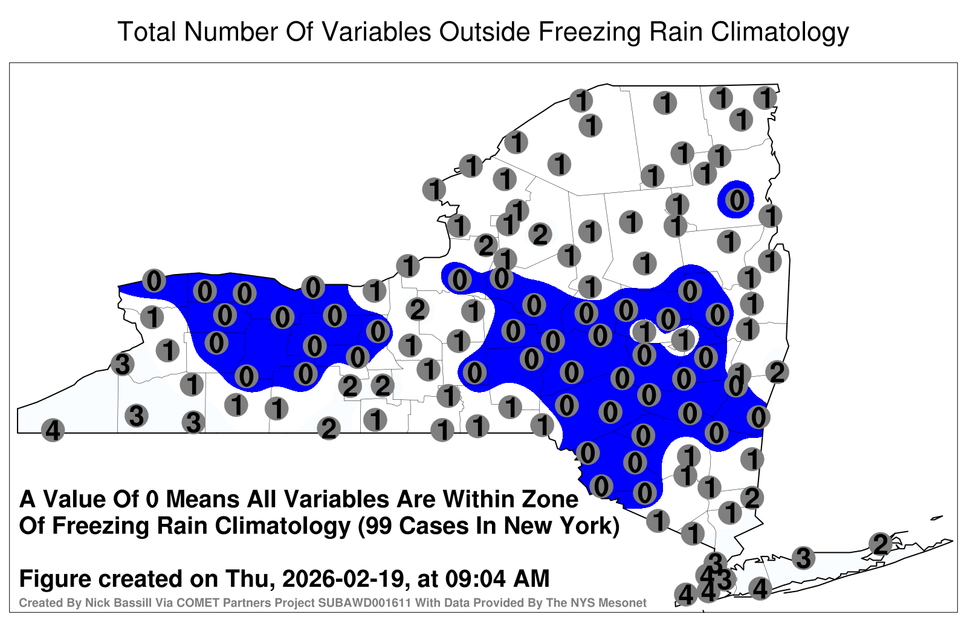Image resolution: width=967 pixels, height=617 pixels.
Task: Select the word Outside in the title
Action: coord(484,31)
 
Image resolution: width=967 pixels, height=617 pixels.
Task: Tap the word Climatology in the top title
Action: coord(780,33)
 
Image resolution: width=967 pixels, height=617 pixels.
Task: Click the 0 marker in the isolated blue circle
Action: coord(737,200)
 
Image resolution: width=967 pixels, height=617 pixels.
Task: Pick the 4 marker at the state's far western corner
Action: coord(53,430)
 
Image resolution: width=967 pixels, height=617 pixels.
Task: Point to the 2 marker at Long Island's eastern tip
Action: coord(881,544)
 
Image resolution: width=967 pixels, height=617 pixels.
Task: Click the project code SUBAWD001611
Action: coord(365,602)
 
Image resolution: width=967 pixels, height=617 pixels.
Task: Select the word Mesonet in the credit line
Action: coord(625,602)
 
